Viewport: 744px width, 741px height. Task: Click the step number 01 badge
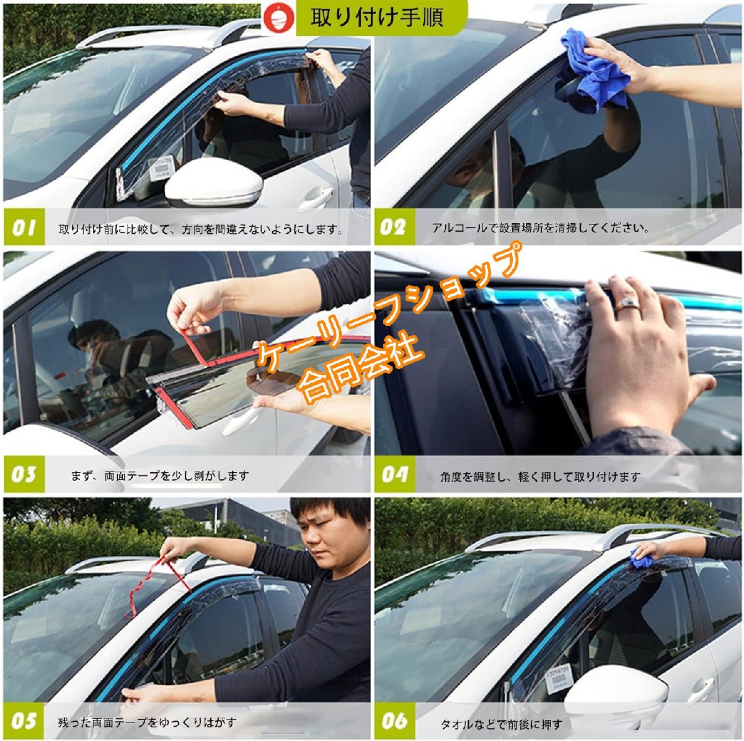tap(24, 228)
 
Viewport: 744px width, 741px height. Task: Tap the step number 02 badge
tap(394, 227)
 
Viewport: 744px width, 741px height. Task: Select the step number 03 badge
tap(24, 474)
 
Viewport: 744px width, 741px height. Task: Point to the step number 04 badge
tap(394, 474)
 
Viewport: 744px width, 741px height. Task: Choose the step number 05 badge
tap(24, 720)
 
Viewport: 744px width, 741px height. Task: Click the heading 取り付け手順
tap(376, 18)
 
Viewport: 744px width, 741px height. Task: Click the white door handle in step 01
tap(316, 197)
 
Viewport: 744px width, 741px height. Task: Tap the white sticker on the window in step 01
tap(159, 169)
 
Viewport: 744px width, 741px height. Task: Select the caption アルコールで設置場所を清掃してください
tap(540, 228)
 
